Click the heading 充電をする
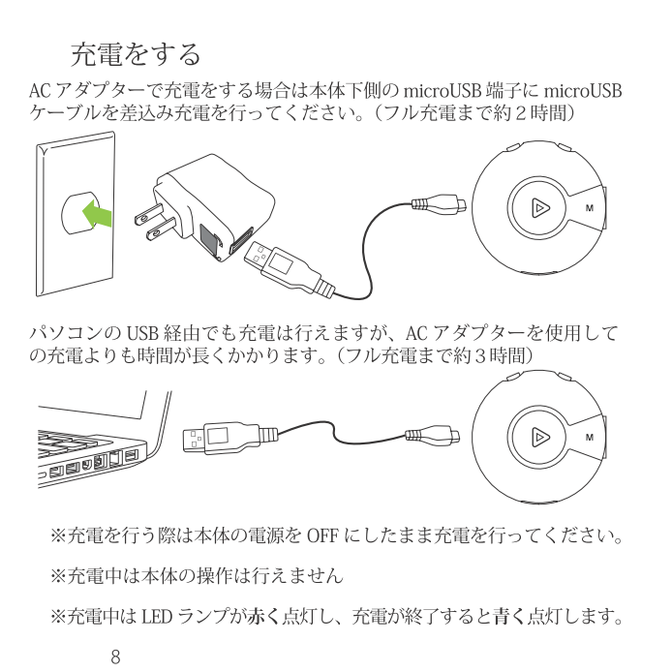[136, 54]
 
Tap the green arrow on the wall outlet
[97, 214]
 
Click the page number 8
[115, 657]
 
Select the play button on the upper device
[540, 208]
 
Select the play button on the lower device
[540, 437]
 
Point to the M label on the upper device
[590, 208]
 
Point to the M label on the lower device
[590, 438]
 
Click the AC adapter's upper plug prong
[149, 213]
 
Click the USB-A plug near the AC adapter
[288, 269]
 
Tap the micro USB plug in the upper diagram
[439, 203]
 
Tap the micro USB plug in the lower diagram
[433, 435]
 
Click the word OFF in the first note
[322, 536]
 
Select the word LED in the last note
[157, 617]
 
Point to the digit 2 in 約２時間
[520, 113]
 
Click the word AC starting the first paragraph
[40, 91]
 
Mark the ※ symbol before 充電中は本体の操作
[58, 576]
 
